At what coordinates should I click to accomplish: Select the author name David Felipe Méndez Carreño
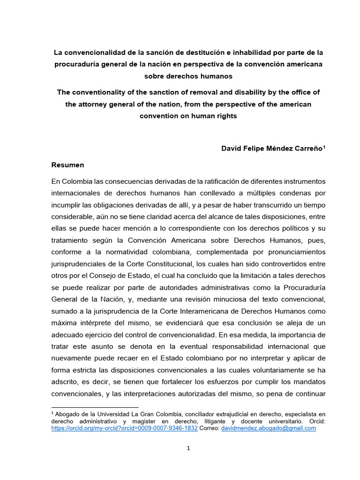point(271,148)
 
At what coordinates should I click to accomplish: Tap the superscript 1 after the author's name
point(324,146)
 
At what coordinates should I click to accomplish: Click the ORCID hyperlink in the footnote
point(124,428)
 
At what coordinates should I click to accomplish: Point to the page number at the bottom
point(188,449)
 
